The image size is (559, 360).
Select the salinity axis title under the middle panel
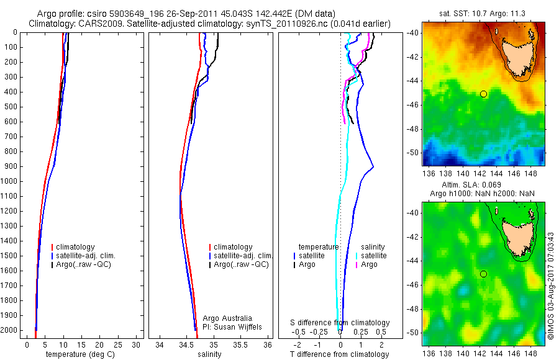(209, 354)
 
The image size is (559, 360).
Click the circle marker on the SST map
(483, 94)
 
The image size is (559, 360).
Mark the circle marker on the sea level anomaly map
(483, 274)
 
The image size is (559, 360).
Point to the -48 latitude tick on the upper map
(413, 128)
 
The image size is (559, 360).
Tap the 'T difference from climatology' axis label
(340, 354)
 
